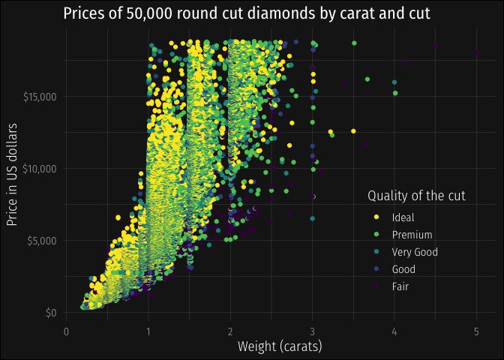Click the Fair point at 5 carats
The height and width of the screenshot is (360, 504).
476,52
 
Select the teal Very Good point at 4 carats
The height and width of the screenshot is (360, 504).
394,82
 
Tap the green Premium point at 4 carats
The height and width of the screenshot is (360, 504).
395,93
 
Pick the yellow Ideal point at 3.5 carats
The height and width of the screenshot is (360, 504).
353,131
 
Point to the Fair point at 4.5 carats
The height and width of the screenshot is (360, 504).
435,46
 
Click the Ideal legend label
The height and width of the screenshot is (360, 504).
401,218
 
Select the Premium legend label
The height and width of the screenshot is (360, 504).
412,235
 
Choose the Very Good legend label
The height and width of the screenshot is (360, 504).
415,253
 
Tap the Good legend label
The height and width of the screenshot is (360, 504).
403,269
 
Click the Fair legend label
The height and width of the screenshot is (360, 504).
400,286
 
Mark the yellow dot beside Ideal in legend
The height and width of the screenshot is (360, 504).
376,218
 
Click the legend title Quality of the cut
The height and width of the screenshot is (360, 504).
417,196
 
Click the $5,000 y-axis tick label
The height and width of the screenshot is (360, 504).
42,240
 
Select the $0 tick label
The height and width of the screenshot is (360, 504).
51,312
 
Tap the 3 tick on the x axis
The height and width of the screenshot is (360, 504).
313,329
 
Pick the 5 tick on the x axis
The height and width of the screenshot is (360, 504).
476,329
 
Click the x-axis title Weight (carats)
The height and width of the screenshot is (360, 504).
279,346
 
